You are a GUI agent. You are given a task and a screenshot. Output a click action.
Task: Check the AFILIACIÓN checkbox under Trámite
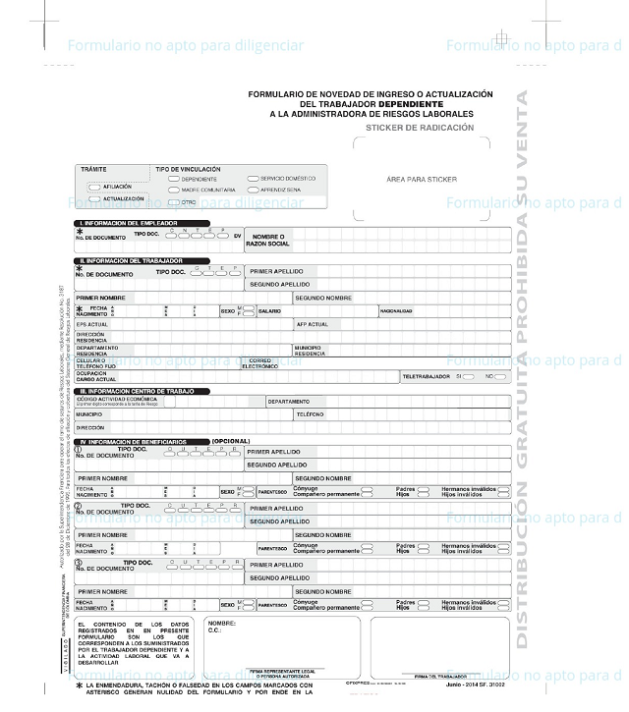pos(94,186)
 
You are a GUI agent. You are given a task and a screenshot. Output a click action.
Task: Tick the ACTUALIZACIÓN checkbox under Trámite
pos(94,198)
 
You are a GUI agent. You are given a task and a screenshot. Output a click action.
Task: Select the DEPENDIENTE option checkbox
pos(173,179)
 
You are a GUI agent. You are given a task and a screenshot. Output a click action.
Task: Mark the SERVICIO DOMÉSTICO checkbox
pos(253,179)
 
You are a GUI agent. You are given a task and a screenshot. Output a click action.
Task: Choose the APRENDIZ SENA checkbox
pos(253,190)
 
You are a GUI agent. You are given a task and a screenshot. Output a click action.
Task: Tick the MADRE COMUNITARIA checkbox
pos(173,190)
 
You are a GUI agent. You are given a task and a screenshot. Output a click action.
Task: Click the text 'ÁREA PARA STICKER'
pos(422,180)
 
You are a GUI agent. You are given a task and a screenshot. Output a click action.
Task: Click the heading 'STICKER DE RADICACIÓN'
pos(420,128)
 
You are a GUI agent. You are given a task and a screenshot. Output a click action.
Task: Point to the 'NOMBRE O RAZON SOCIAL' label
pos(269,239)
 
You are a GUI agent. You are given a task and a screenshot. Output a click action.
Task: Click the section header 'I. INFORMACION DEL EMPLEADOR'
pos(129,224)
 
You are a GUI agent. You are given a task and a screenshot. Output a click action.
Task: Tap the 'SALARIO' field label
pos(269,310)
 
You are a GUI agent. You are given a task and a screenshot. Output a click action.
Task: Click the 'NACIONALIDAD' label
pos(396,310)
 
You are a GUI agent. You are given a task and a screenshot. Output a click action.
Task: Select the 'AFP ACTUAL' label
pos(313,323)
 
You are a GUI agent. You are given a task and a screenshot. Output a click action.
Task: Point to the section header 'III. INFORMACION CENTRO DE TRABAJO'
pos(143,391)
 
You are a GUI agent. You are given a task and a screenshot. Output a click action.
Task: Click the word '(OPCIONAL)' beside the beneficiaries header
pos(231,441)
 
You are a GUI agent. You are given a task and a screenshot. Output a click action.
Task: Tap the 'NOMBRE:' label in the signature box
pos(222,623)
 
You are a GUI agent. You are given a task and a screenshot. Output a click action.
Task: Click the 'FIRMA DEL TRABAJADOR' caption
pos(432,676)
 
